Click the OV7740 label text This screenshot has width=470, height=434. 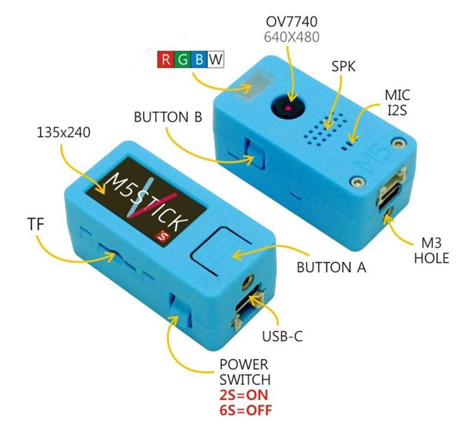tap(292, 22)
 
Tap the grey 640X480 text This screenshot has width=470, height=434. tap(292, 37)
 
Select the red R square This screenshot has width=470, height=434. tap(165, 59)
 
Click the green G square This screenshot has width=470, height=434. tap(182, 59)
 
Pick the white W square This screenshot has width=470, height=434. tap(216, 59)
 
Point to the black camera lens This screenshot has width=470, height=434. tap(289, 107)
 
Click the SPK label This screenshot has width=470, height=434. tap(343, 66)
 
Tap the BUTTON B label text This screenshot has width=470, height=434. tap(168, 117)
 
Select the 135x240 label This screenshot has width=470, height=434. tap(63, 133)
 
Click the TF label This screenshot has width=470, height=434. tap(36, 224)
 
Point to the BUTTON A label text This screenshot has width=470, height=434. tap(332, 267)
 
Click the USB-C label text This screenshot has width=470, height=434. tap(283, 337)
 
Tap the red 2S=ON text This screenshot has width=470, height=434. tap(243, 395)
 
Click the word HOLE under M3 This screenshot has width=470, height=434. tap(431, 258)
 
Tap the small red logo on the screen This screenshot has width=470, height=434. tap(164, 235)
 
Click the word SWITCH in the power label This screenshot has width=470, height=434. tap(245, 380)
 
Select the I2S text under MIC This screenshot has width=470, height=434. tap(398, 110)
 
